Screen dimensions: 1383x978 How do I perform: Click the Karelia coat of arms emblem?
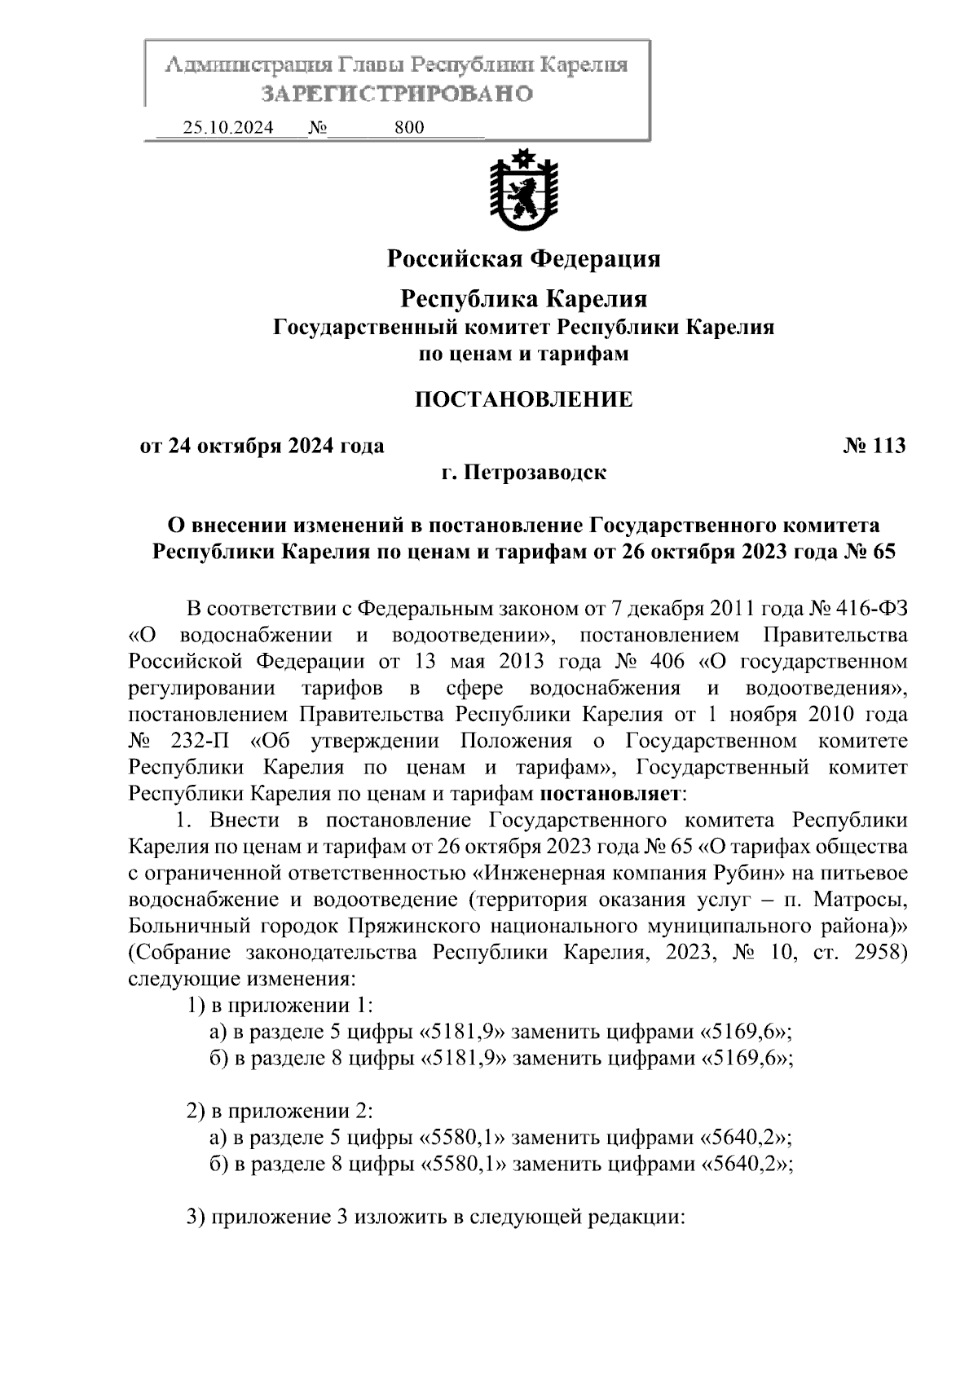(x=523, y=191)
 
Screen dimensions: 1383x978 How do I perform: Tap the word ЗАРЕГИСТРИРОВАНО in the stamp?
(x=396, y=94)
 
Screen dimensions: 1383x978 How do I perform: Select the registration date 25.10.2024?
(x=228, y=128)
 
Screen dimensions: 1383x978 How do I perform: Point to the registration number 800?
(x=409, y=128)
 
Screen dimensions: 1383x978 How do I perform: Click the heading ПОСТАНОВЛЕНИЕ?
(x=523, y=399)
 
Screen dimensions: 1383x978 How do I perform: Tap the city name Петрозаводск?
(x=535, y=473)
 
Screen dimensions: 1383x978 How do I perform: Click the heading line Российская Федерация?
(x=523, y=259)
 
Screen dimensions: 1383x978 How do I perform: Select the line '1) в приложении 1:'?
(x=280, y=1006)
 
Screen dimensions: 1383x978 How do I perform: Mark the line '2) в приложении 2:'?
(x=280, y=1112)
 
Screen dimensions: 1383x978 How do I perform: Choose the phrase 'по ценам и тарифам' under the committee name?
(x=523, y=355)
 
